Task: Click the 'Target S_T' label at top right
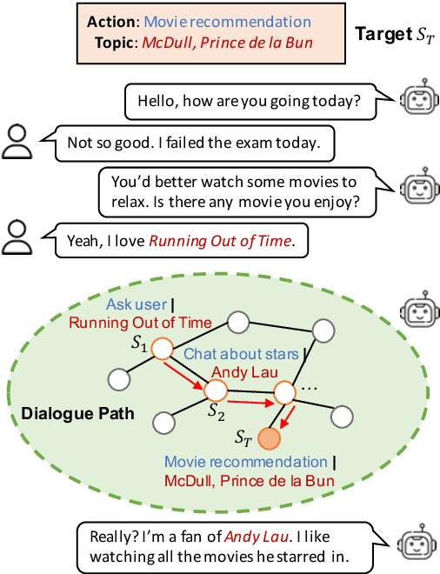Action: click(393, 36)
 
